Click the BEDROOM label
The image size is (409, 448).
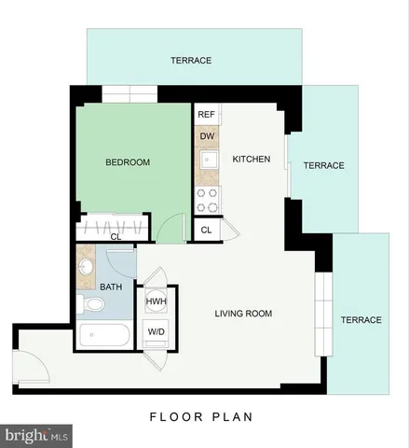[128, 162]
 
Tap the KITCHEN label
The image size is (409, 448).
[251, 160]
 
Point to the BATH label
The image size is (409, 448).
[111, 288]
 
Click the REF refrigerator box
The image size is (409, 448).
[207, 115]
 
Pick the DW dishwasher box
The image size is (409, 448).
[208, 136]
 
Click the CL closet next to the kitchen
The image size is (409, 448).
[206, 230]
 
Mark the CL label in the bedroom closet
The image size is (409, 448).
[116, 237]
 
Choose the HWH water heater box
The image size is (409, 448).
[156, 301]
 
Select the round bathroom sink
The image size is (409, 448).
[86, 265]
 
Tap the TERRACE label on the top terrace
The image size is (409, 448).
[191, 61]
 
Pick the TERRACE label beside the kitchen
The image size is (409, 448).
[323, 165]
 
